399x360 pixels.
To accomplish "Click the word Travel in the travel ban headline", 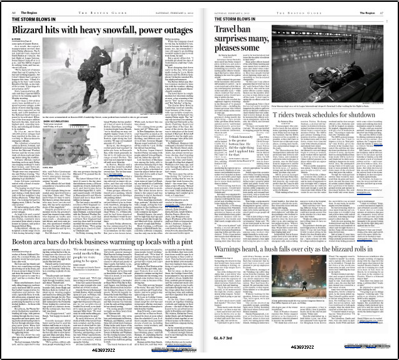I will pos(227,29).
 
